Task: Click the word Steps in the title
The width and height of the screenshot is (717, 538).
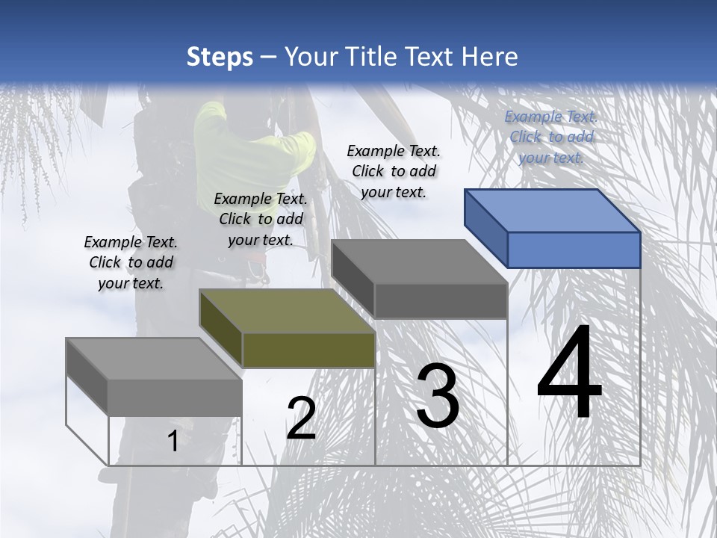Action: [x=220, y=57]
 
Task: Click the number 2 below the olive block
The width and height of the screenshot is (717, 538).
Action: [x=301, y=418]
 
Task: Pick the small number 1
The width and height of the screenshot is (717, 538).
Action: [x=173, y=441]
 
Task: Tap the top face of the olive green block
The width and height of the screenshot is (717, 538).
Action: [x=288, y=311]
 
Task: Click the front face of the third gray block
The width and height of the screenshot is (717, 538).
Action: [x=441, y=301]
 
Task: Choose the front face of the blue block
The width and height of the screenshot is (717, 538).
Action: [x=574, y=250]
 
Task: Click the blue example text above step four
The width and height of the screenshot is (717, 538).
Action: [x=551, y=137]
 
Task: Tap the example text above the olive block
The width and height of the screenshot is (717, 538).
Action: [x=261, y=219]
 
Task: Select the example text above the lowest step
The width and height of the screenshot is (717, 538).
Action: [x=131, y=262]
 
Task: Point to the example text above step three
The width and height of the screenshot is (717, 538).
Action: [x=394, y=171]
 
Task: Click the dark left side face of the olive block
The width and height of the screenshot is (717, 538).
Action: [x=221, y=329]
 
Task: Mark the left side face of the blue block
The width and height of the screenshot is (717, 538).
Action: [x=485, y=228]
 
